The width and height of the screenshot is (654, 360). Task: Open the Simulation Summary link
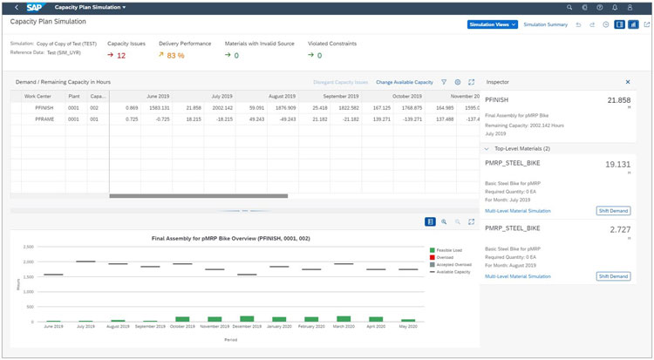[x=545, y=24]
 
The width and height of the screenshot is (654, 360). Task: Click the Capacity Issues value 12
[x=120, y=55]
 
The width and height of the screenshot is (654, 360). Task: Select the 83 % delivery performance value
[x=174, y=55]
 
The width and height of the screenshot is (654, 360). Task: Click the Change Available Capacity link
[x=404, y=82]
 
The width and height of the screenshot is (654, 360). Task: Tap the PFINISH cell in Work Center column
[x=44, y=107]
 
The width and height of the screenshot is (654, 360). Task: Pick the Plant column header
[x=75, y=96]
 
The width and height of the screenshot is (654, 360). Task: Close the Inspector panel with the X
[x=628, y=81]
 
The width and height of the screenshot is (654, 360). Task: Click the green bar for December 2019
[x=247, y=319]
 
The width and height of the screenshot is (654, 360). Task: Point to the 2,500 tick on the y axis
[x=31, y=246]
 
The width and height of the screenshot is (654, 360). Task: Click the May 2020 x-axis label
[x=406, y=326]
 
